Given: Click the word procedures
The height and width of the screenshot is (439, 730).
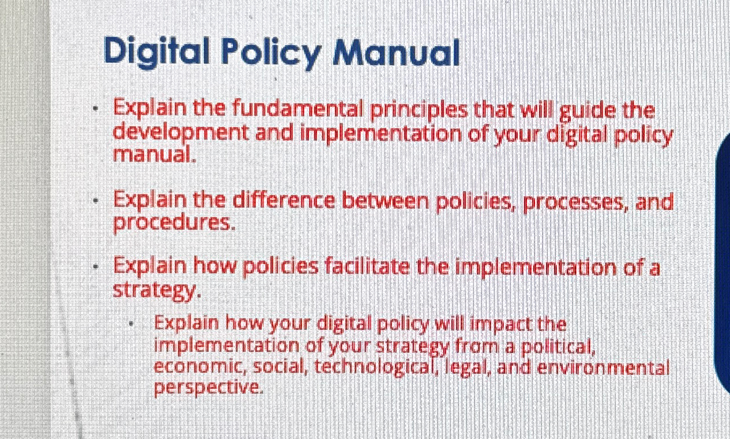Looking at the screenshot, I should pos(174,223).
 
